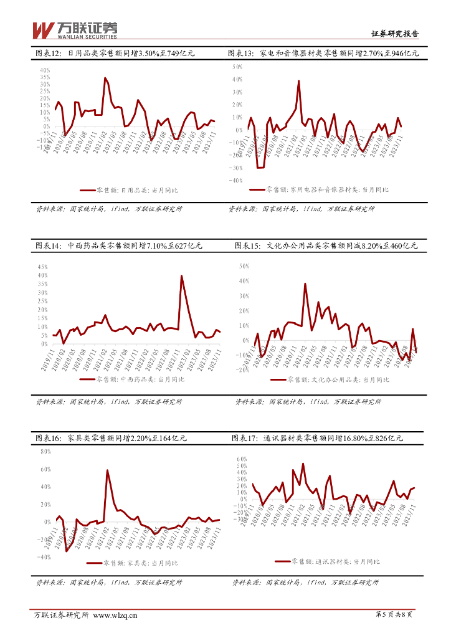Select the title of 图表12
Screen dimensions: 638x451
click(115, 54)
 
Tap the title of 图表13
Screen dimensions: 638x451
click(323, 54)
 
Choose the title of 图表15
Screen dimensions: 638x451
click(326, 246)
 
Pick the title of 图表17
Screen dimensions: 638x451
click(318, 439)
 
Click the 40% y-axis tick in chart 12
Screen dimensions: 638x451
click(44, 70)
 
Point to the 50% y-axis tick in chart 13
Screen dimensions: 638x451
click(237, 66)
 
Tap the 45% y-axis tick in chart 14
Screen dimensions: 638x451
click(43, 267)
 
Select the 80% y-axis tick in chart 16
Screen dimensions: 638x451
click(45, 451)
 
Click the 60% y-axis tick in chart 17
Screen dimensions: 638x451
click(242, 459)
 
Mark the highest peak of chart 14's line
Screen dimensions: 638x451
click(181, 275)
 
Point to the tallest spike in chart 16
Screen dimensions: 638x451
click(107, 470)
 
